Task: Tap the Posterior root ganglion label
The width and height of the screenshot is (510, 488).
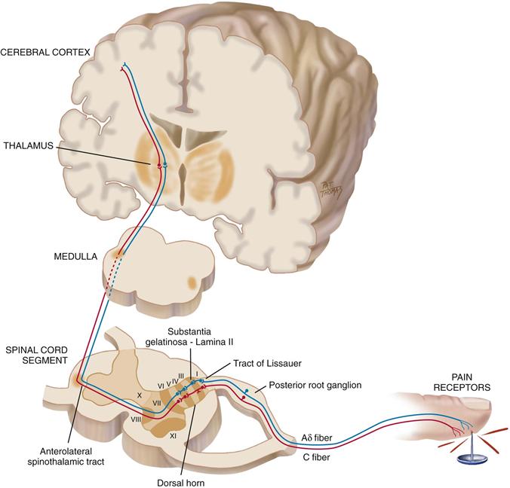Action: [x=311, y=385]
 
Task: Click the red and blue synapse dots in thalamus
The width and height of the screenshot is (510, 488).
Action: [x=161, y=163]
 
